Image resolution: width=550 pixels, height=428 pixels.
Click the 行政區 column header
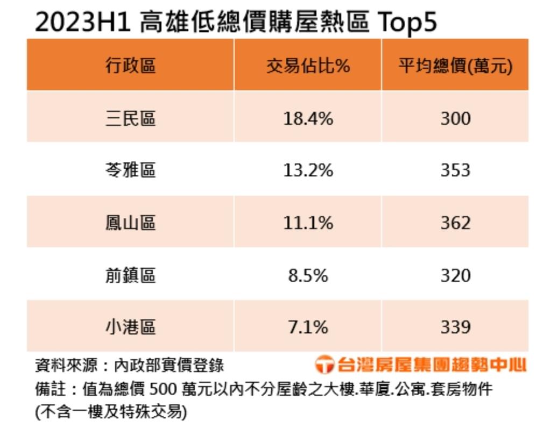(x=130, y=66)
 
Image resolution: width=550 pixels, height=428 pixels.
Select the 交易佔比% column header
(x=308, y=66)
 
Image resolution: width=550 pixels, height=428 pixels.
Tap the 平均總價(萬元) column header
(x=455, y=66)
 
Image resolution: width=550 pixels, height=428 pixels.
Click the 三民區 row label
(x=130, y=118)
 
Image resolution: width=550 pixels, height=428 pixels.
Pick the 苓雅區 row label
(x=130, y=170)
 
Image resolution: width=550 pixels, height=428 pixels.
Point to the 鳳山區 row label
(x=130, y=222)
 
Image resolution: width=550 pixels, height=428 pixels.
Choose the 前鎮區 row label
(x=130, y=275)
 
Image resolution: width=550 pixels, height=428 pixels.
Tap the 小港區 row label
(x=130, y=327)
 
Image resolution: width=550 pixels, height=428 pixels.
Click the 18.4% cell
(x=308, y=118)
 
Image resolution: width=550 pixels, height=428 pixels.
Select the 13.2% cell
(x=308, y=170)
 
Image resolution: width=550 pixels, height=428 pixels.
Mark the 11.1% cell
(x=308, y=222)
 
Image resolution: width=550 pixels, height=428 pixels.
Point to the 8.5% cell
(x=308, y=275)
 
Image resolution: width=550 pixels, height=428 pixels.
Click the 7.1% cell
(x=308, y=327)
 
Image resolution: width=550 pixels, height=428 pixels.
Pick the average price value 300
(x=455, y=118)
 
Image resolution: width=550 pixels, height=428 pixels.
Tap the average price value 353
(x=455, y=170)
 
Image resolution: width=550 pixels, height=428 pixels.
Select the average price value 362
(x=455, y=222)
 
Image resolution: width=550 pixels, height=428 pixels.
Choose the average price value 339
(x=455, y=327)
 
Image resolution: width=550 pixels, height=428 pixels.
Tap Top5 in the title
(x=407, y=23)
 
